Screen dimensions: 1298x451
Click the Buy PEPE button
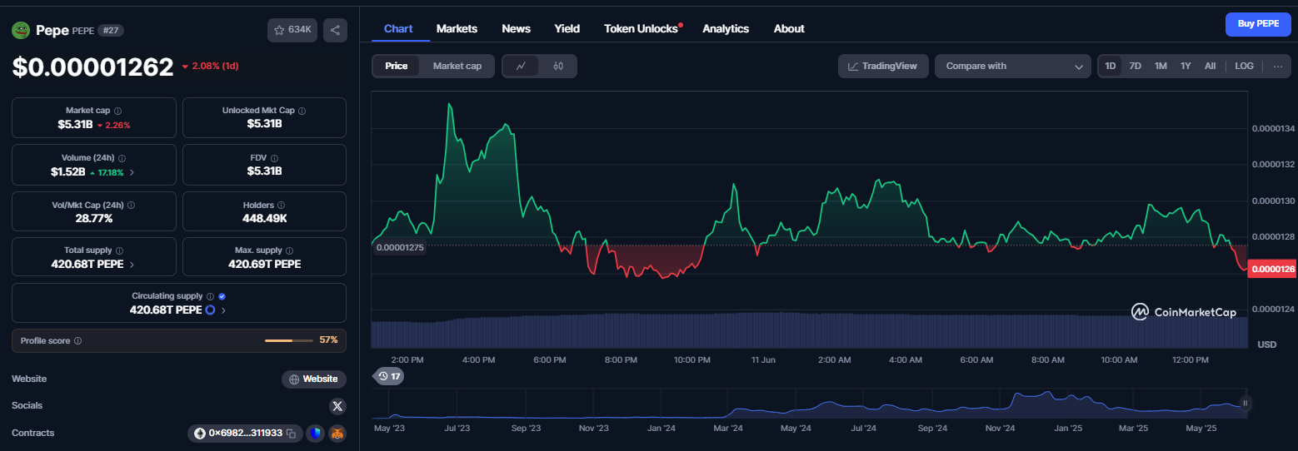pos(1258,24)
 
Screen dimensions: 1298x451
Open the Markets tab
pos(457,29)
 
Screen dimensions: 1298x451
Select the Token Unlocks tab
pos(641,29)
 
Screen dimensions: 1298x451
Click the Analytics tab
pos(726,29)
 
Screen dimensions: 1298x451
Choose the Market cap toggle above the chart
pos(457,66)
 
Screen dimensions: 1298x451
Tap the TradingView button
pos(883,66)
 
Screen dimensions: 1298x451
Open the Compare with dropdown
pos(1013,66)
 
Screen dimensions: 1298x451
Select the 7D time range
pos(1136,66)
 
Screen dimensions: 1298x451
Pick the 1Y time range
pos(1186,66)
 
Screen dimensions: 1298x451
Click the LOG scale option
pos(1244,66)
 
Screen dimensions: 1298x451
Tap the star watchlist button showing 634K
pos(292,30)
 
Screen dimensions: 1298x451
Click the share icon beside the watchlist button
pos(335,30)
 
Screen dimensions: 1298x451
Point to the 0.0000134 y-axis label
pos(1273,128)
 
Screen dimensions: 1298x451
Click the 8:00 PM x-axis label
pos(621,359)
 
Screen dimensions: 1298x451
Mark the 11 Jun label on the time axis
pos(763,359)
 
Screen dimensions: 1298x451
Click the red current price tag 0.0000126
pos(1272,269)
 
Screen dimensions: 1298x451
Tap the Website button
pos(314,379)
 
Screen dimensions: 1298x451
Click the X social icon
pos(337,406)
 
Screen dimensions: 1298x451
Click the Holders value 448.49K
pos(264,218)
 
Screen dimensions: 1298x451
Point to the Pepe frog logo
pos(21,30)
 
